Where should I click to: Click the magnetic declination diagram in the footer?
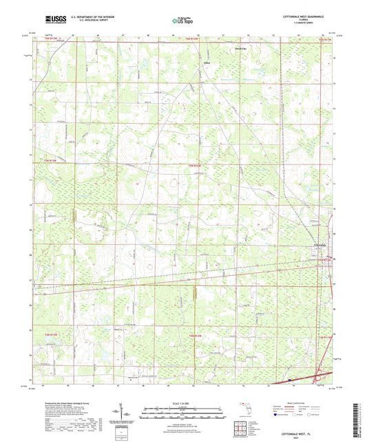127,414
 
